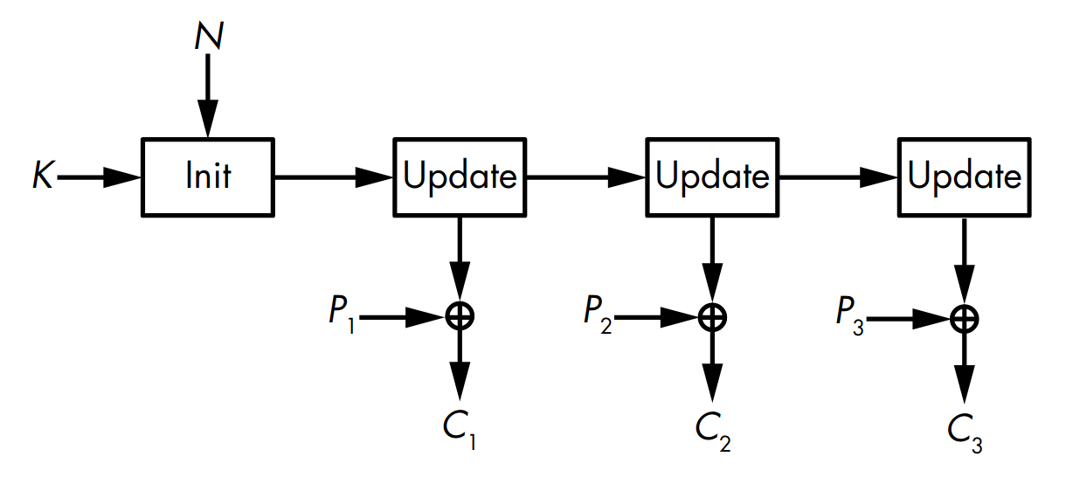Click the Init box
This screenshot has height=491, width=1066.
(207, 176)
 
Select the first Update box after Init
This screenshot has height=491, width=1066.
(460, 176)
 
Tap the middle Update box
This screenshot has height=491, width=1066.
(712, 176)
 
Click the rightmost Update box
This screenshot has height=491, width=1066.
(964, 176)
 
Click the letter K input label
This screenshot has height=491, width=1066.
(41, 177)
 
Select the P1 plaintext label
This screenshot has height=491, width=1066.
(342, 315)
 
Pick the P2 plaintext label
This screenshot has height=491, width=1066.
(597, 315)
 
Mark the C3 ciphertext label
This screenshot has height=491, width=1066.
(965, 430)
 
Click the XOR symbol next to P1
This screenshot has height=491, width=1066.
(460, 317)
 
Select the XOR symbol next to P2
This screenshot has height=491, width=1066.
(712, 317)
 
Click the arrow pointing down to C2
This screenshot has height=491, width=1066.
(712, 367)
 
